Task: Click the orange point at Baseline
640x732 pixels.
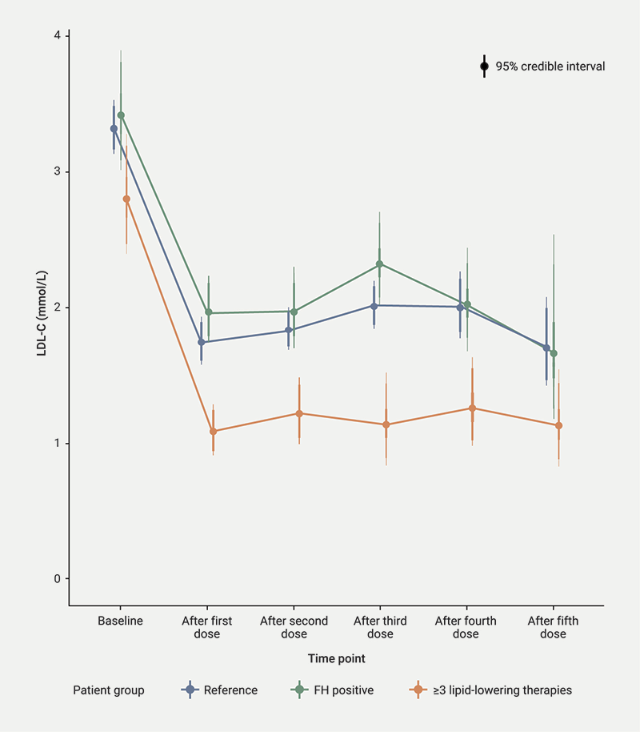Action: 126,199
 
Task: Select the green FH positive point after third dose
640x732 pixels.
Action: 379,263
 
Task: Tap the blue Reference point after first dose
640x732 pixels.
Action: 201,342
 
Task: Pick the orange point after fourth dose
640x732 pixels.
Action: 472,408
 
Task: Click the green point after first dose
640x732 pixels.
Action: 208,312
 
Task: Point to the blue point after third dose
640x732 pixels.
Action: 374,305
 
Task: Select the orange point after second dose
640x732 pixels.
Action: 299,413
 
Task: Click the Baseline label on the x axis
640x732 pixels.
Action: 120,621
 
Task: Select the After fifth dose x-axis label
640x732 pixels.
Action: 553,627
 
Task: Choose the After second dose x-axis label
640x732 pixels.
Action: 294,627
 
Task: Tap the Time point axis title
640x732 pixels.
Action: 337,658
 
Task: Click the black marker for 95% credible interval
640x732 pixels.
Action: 484,66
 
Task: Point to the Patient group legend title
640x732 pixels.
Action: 109,690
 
